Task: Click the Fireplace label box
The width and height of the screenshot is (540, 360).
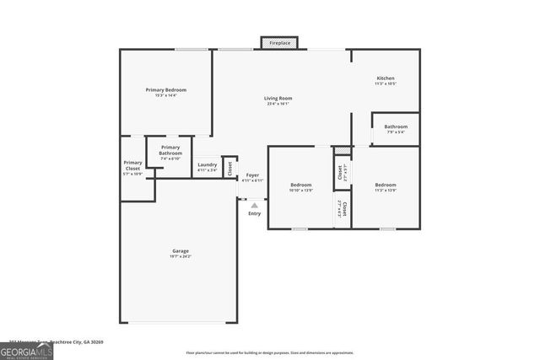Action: tap(279, 42)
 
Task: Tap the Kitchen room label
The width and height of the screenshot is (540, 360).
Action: tap(385, 78)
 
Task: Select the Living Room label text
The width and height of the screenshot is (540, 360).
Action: tap(278, 99)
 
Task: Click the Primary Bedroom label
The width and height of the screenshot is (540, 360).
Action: tap(165, 90)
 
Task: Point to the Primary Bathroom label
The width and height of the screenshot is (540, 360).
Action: tap(170, 150)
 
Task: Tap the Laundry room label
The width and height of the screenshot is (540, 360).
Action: tap(207, 164)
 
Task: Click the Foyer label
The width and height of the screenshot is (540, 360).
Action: tap(252, 175)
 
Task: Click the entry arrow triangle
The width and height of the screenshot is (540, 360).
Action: tap(254, 204)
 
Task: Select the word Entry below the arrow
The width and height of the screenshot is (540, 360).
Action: tap(254, 213)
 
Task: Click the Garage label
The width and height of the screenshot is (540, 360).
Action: tap(181, 250)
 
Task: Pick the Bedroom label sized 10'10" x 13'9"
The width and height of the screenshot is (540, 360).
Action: tap(301, 185)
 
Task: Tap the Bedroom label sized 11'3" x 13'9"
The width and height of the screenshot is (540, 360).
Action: tap(385, 185)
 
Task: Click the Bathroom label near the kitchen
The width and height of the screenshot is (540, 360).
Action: tap(396, 126)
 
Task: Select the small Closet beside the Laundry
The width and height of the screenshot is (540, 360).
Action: tap(229, 167)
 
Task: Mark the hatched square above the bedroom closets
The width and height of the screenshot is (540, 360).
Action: tap(342, 151)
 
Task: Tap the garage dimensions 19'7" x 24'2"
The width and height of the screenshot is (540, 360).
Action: tap(181, 255)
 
